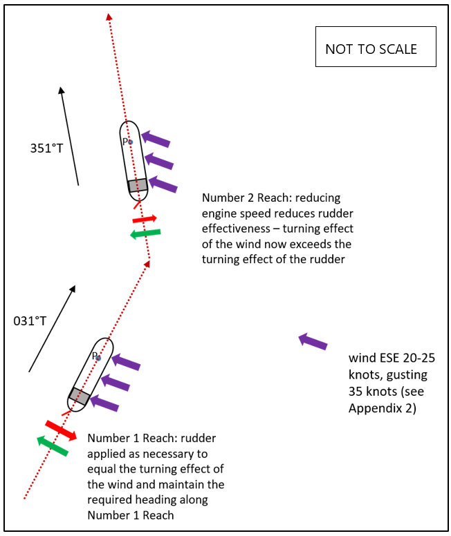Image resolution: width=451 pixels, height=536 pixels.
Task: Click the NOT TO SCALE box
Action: [x=376, y=47]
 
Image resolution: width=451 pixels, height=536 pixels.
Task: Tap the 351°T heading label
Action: [x=46, y=148]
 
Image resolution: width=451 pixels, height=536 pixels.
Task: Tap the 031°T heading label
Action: [x=29, y=320]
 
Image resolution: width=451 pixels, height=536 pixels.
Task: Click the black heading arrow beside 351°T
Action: [x=69, y=136]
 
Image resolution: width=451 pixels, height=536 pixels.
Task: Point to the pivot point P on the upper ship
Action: [x=130, y=142]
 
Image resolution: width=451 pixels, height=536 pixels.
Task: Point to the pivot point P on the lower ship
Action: [x=98, y=358]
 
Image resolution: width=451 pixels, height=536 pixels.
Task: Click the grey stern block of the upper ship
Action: [x=138, y=185]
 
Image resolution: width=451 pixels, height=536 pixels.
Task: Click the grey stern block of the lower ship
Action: [x=79, y=396]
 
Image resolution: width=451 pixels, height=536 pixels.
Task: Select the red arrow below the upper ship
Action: [x=145, y=218]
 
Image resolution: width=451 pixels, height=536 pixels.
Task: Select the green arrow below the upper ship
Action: [x=145, y=233]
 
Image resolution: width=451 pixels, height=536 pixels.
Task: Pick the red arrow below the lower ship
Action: [x=61, y=430]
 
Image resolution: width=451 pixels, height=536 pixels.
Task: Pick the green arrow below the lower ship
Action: [x=53, y=446]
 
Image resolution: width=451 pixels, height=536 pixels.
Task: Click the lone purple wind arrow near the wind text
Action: [x=313, y=341]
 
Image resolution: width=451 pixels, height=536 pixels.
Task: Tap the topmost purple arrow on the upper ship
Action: [x=156, y=139]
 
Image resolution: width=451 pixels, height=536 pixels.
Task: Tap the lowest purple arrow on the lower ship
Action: [x=105, y=403]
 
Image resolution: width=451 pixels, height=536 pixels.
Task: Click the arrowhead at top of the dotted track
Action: [x=109, y=17]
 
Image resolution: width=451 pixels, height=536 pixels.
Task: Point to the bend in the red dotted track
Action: [x=149, y=260]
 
